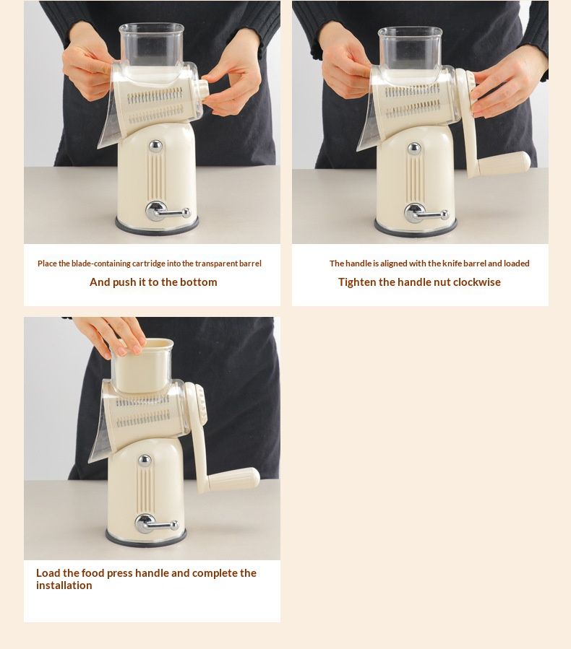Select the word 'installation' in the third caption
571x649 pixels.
[x=64, y=585]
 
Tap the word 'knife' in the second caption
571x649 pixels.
[x=452, y=263]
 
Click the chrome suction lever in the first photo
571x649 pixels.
[x=167, y=212]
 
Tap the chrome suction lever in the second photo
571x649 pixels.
[x=426, y=214]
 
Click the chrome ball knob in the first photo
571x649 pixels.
[x=155, y=146]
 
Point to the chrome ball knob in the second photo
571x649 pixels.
[x=414, y=149]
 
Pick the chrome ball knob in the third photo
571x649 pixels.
[x=145, y=461]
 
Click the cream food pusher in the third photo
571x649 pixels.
[x=142, y=365]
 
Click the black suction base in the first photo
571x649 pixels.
[x=157, y=227]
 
